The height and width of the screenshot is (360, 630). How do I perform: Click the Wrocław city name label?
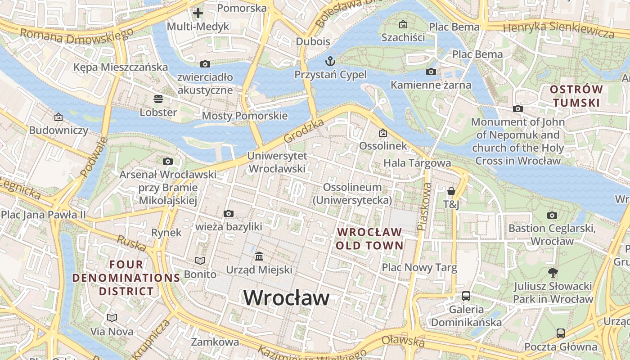[286, 298]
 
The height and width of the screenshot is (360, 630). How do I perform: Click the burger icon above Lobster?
[158, 98]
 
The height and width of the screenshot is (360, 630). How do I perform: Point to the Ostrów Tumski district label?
[576, 96]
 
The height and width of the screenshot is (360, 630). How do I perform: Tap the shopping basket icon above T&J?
[451, 191]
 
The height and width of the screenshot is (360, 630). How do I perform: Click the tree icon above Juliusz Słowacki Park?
[553, 272]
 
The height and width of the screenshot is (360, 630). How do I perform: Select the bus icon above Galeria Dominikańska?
[466, 296]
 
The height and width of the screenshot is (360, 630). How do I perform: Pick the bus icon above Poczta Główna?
[561, 333]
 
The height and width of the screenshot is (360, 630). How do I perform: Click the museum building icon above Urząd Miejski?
[259, 256]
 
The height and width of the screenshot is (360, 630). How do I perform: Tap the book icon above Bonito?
[200, 261]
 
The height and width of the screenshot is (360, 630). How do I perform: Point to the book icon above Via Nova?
[112, 318]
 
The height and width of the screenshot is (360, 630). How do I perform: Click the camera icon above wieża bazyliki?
[228, 213]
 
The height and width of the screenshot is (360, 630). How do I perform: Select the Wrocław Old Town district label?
[369, 238]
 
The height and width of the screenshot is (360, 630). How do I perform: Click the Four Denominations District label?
[126, 278]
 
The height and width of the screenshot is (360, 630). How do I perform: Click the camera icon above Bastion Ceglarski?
[552, 215]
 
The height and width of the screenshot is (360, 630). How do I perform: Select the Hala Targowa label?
[417, 163]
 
